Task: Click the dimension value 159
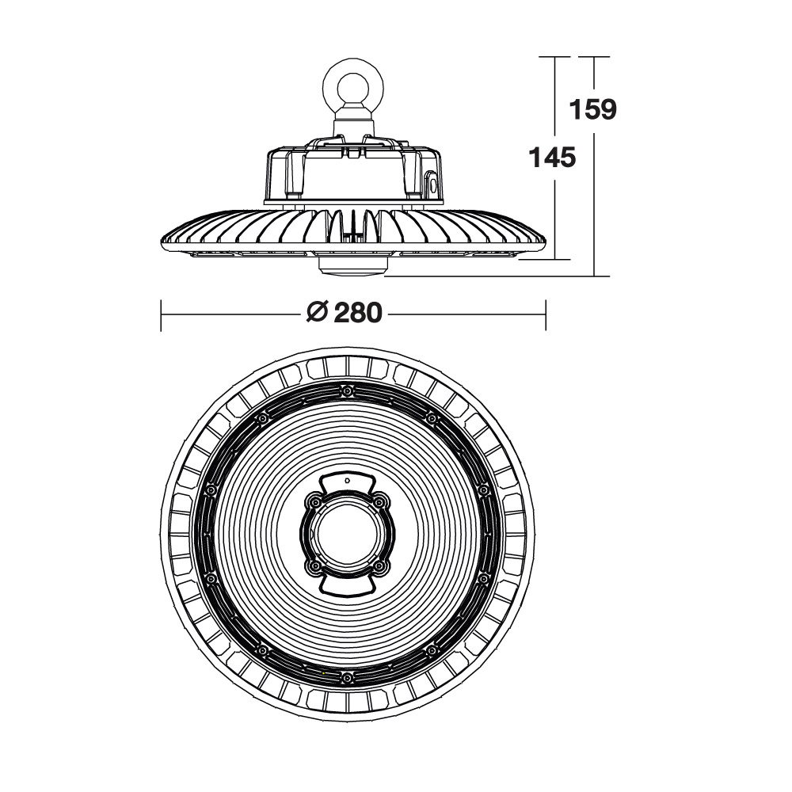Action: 593,109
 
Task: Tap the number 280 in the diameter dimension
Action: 358,313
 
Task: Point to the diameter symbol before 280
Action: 318,313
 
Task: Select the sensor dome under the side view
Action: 353,266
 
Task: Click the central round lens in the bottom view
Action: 348,535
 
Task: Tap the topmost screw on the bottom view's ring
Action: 347,391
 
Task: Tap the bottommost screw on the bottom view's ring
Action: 347,678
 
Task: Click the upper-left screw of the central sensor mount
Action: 314,502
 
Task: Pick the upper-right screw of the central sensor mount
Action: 380,502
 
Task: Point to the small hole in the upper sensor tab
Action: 347,481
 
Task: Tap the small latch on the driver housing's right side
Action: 431,185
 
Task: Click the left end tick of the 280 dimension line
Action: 161,316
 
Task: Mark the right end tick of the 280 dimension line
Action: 546,316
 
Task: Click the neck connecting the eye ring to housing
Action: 353,121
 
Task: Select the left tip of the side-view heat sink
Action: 162,242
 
